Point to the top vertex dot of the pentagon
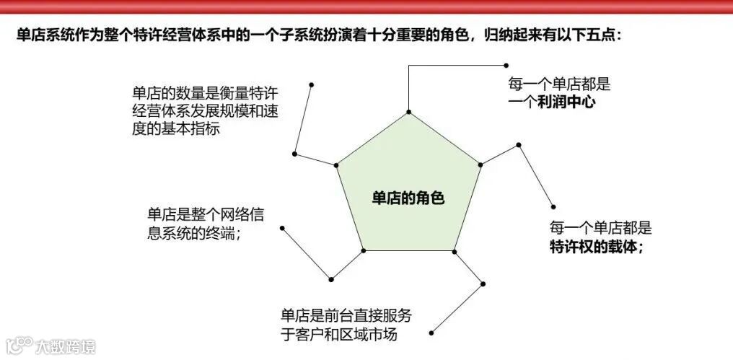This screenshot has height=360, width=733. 408,113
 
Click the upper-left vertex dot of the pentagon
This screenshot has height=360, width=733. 336,165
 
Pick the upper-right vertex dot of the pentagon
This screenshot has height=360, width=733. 480,164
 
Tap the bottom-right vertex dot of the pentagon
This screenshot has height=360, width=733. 455,251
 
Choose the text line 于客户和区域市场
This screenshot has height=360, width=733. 338,334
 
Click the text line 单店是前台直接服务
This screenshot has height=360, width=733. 346,316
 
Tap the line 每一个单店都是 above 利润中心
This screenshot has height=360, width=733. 559,84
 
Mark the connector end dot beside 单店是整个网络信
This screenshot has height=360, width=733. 282,228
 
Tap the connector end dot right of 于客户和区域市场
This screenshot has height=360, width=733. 431,333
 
